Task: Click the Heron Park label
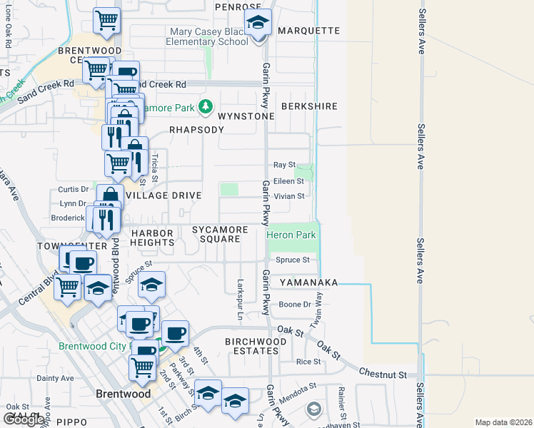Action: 291,234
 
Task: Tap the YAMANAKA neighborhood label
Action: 308,282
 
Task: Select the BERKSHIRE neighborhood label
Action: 308,106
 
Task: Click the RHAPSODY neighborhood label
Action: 196,130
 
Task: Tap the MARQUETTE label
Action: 308,31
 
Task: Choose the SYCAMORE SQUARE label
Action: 220,234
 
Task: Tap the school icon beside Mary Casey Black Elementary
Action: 258,24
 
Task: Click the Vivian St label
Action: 289,195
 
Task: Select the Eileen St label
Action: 288,181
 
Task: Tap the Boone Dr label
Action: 294,305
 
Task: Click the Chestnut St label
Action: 383,374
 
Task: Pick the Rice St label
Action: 308,362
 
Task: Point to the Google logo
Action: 23,419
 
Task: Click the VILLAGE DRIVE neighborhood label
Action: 163,195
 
